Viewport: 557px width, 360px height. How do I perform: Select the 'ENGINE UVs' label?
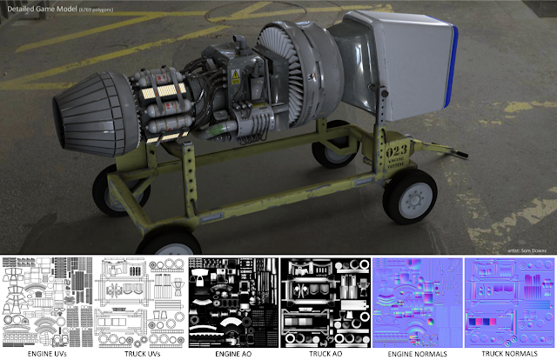point(47,354)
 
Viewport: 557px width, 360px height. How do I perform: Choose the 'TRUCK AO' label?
point(323,354)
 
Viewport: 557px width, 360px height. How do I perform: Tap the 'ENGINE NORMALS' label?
point(415,354)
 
